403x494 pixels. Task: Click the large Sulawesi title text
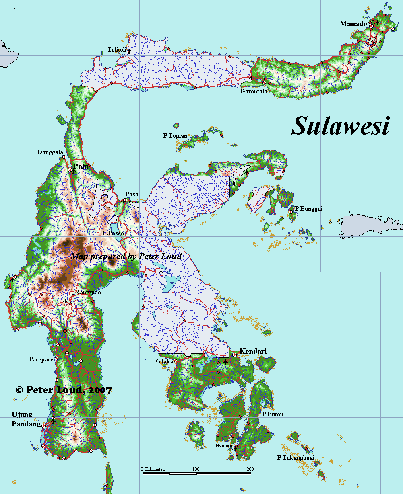(x=340, y=127)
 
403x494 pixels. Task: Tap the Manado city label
(x=353, y=24)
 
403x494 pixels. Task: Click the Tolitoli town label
(x=117, y=50)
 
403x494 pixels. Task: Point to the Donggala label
(x=50, y=152)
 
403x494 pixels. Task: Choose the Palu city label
(x=81, y=166)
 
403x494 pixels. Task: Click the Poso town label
(x=132, y=194)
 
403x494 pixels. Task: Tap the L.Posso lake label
(x=113, y=233)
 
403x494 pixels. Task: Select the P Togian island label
(x=175, y=136)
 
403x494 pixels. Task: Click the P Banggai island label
(x=309, y=208)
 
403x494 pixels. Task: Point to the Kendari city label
(x=253, y=351)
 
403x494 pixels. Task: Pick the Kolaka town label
(x=163, y=361)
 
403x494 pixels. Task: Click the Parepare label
(x=41, y=359)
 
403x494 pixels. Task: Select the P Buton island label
(x=273, y=414)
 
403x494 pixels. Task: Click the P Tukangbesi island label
(x=296, y=457)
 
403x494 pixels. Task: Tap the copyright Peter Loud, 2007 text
(x=64, y=389)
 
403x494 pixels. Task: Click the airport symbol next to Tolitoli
(x=129, y=51)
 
